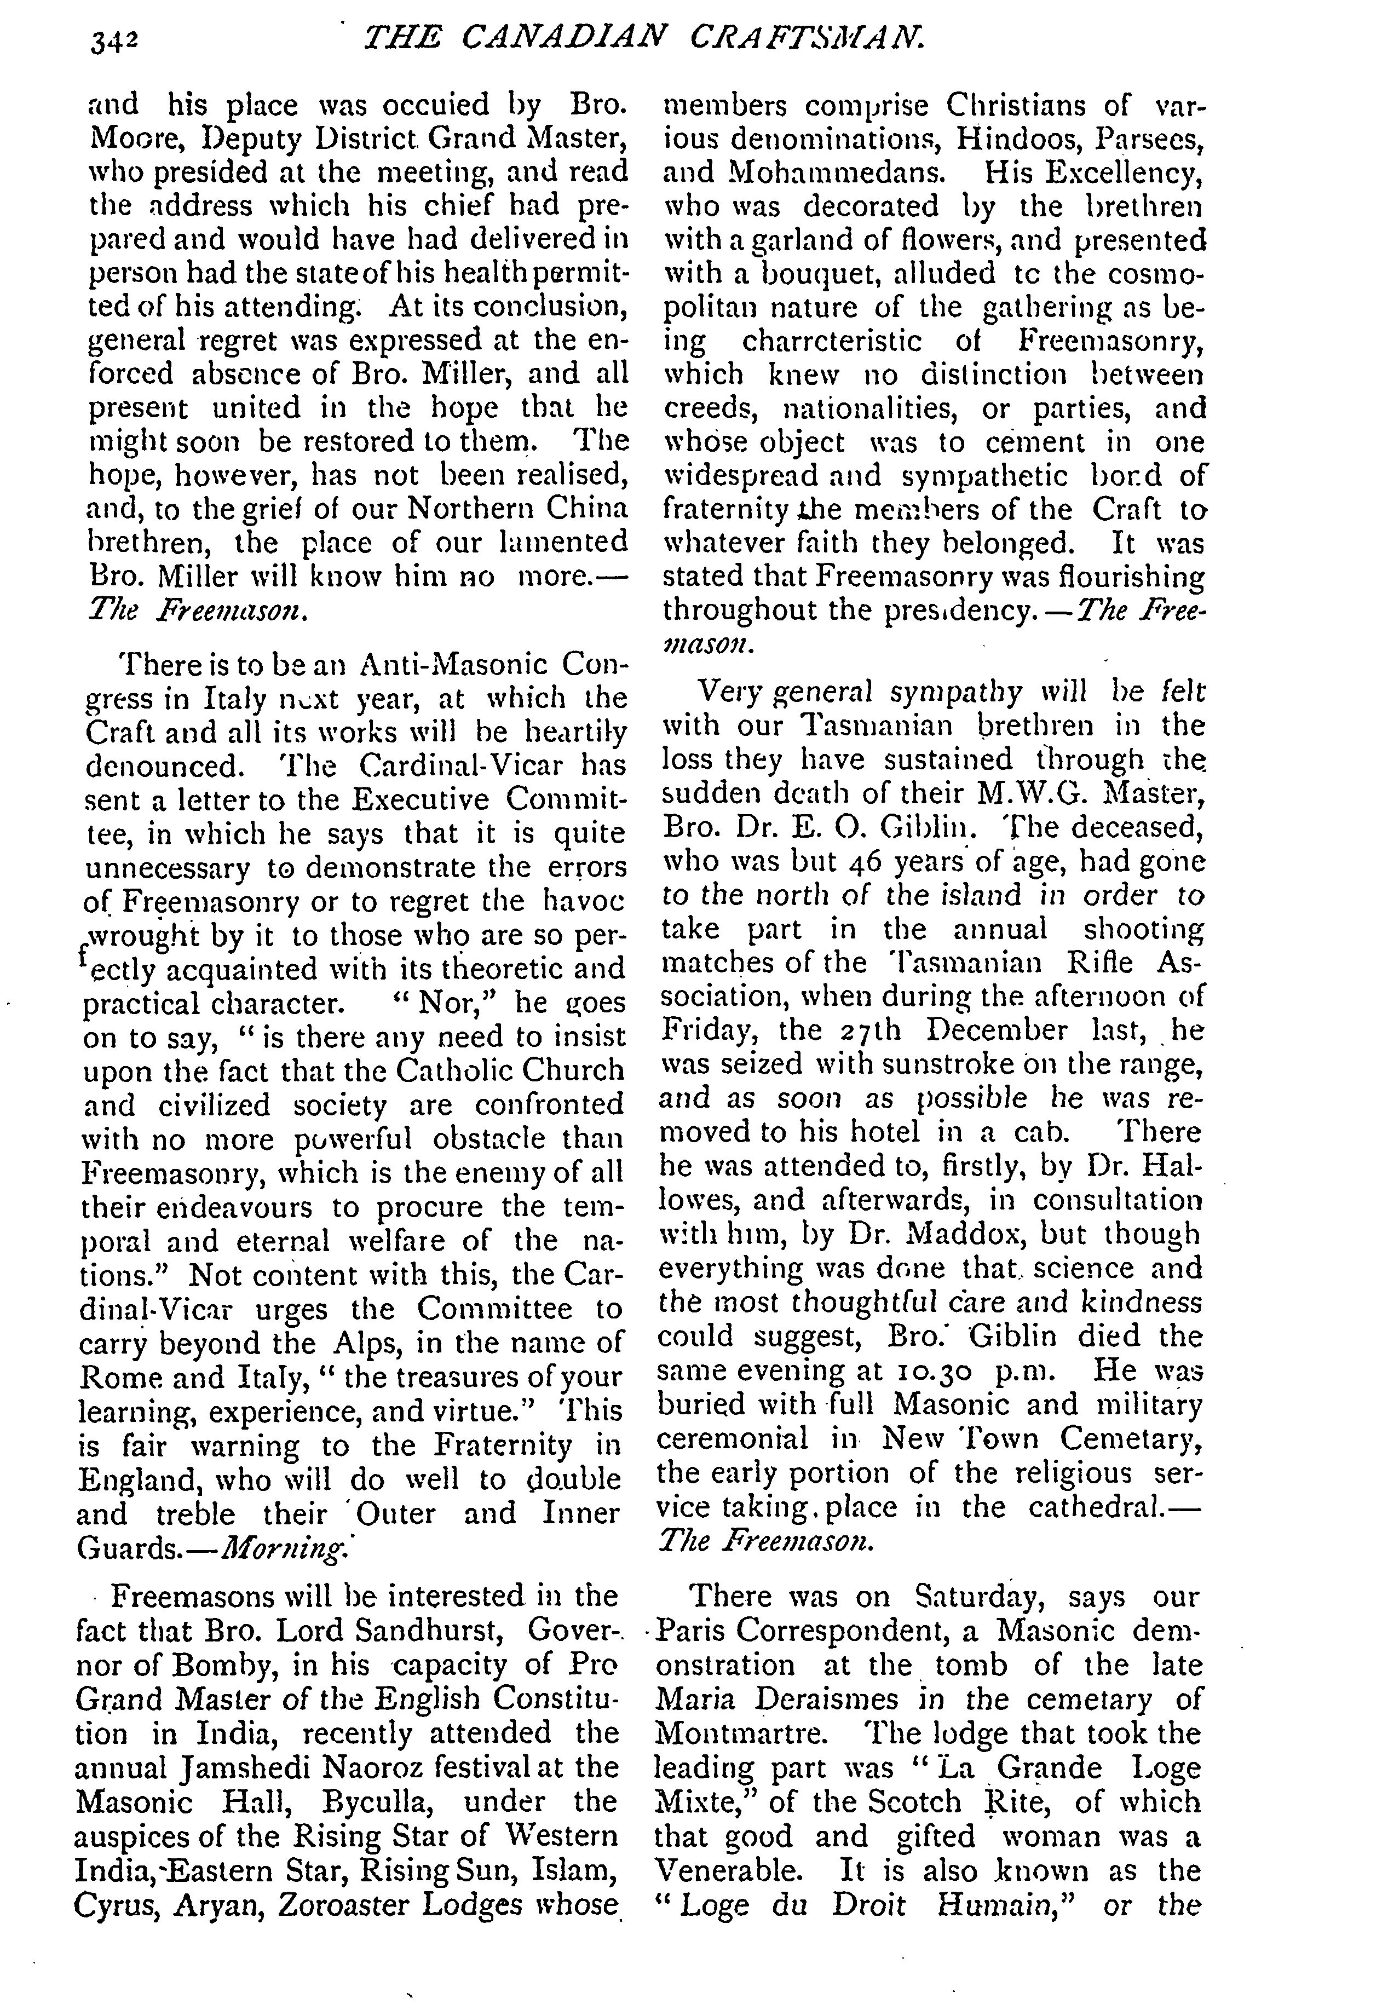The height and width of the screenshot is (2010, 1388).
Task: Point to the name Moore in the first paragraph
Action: coord(130,139)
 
